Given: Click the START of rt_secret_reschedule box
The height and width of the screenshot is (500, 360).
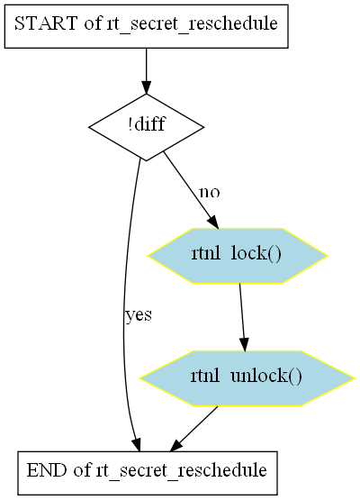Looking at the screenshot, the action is point(146,26).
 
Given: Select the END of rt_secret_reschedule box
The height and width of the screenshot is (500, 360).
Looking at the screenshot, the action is point(148,473).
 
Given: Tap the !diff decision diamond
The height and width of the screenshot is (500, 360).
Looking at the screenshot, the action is point(146,127).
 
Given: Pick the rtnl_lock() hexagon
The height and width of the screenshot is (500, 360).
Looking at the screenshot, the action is point(238,256).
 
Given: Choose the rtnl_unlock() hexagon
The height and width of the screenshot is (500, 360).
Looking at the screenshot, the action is point(247,378).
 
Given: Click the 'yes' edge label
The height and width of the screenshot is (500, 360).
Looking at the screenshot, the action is point(139,315).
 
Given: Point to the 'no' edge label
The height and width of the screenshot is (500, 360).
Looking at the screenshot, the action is point(210,192).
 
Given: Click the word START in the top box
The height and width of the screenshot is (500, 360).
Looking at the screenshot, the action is point(46,23).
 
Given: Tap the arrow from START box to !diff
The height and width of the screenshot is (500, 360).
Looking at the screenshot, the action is point(146,71).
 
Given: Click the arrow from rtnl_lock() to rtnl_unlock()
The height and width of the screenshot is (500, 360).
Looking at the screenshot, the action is point(242,317).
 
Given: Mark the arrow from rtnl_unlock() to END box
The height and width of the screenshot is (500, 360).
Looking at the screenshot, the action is point(193,429).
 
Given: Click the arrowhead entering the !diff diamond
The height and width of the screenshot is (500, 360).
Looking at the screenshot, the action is point(146,87).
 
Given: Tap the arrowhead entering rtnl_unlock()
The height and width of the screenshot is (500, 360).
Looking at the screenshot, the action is point(244,345).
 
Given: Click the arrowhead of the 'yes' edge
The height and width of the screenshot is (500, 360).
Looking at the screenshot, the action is point(137,445).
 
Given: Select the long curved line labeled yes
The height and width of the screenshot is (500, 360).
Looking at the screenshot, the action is point(125,303).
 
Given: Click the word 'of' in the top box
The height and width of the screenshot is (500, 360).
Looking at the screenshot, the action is point(93,23).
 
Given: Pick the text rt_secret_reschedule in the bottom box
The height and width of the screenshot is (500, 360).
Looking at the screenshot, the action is point(181,471).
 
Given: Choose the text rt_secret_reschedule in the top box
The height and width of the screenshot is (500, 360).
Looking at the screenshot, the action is point(192,24).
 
